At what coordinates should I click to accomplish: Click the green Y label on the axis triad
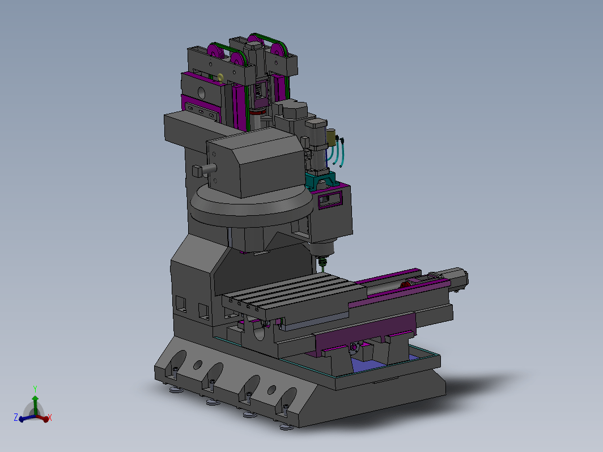[35, 389]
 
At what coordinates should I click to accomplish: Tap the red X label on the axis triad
[50, 417]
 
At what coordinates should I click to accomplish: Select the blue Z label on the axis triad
[16, 417]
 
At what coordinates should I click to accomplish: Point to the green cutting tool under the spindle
[323, 262]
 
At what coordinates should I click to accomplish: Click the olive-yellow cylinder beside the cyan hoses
[331, 138]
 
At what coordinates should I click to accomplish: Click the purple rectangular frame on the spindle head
[330, 199]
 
